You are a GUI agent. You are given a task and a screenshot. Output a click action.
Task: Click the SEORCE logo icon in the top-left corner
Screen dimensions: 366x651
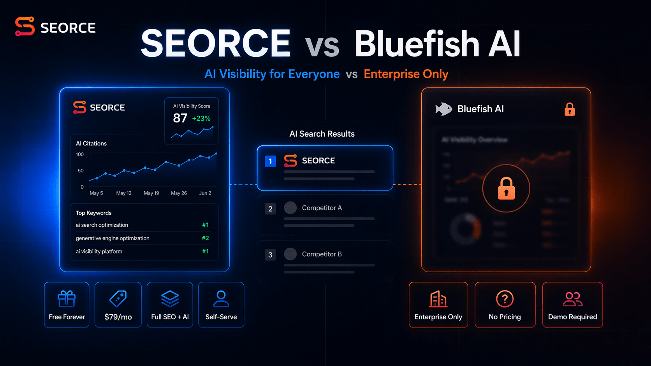(25, 26)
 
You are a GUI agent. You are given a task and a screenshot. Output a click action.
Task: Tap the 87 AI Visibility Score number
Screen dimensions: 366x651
(180, 118)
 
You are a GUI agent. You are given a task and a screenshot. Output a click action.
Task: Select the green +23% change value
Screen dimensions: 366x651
(201, 118)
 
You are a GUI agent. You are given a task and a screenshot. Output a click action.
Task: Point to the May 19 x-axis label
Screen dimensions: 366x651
(151, 193)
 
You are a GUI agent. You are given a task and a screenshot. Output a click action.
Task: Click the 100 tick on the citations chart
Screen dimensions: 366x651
(80, 154)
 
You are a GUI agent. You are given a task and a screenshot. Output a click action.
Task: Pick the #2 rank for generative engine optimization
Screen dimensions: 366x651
(205, 238)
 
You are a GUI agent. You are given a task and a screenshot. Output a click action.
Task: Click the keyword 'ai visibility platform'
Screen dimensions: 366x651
(99, 251)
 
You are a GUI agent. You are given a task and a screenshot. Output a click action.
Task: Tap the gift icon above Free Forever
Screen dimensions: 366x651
(67, 299)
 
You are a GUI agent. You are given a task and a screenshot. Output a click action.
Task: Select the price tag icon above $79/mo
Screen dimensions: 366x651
(118, 299)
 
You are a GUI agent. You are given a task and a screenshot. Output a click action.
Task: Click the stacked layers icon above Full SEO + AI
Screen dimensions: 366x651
(170, 299)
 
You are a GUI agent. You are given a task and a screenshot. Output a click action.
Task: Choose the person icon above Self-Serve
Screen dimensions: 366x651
(221, 299)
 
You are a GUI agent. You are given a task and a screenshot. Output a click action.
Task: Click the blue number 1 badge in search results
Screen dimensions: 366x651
(270, 161)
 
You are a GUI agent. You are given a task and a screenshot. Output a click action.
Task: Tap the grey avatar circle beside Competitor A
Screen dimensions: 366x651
(290, 208)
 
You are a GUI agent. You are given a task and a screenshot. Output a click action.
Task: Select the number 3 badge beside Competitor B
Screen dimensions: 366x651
(270, 255)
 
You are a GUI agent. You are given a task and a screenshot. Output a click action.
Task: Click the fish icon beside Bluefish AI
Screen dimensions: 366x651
(443, 109)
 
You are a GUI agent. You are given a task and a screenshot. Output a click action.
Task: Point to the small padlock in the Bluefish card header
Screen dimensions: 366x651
(570, 109)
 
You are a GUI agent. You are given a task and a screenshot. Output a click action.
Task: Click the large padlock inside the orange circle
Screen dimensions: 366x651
(506, 188)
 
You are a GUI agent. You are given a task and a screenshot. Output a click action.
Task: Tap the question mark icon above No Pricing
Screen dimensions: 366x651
(505, 299)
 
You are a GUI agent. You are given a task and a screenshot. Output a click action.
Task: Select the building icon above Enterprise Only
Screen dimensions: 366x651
(438, 299)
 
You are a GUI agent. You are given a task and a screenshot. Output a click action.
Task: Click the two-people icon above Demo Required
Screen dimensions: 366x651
(572, 299)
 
